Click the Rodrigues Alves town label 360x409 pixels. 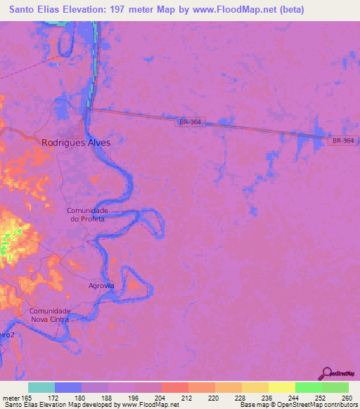(x=76, y=141)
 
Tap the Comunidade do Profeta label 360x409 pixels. (x=86, y=214)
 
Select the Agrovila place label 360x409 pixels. (x=101, y=286)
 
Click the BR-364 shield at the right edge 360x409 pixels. (x=343, y=141)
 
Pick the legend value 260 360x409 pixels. (x=335, y=397)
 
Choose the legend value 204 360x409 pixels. (x=161, y=397)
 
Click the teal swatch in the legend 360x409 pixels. (x=41, y=387)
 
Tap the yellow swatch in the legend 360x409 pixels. (x=281, y=387)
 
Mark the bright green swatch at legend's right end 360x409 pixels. (x=335, y=387)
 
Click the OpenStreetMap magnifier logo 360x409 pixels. (x=327, y=375)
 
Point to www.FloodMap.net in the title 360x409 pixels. (x=236, y=9)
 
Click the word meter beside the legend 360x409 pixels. (x=11, y=397)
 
